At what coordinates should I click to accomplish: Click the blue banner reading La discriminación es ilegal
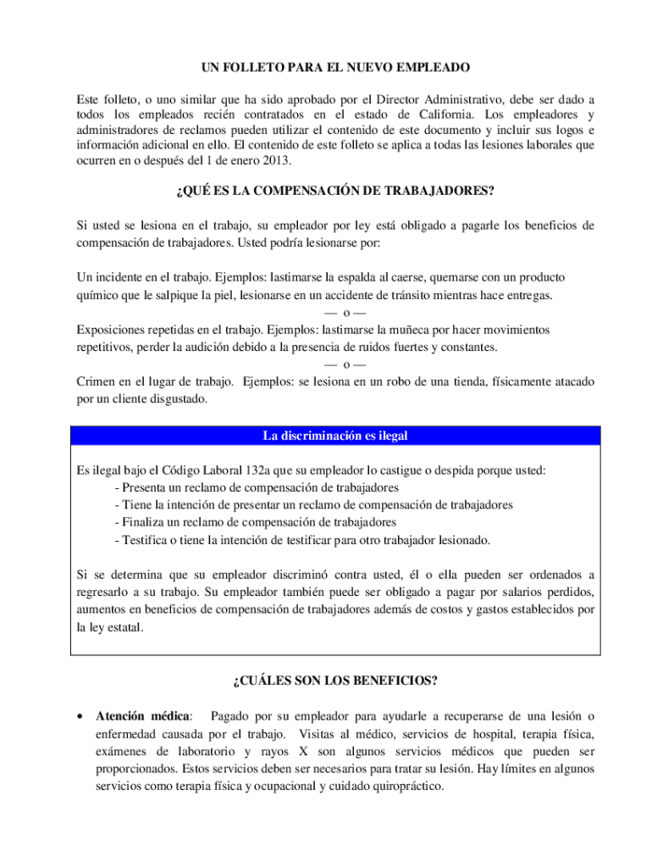pos(334,436)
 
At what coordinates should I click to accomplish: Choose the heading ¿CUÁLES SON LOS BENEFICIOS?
pos(334,681)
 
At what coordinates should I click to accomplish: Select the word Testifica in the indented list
pos(145,540)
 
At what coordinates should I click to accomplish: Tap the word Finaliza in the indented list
pos(143,522)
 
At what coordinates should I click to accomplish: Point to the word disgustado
pos(176,398)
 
